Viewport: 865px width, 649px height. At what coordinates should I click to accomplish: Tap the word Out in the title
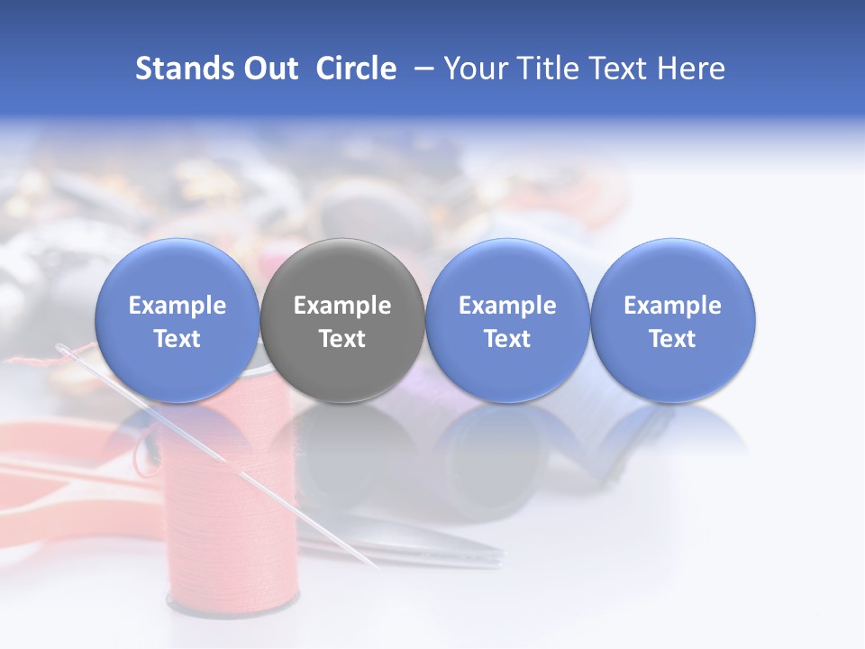[269, 69]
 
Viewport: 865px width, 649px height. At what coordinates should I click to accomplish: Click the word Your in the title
[474, 69]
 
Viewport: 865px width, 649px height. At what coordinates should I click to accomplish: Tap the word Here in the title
[691, 69]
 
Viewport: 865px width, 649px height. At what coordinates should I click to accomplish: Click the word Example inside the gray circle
[342, 306]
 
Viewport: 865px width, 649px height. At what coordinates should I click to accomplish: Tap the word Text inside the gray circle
[342, 339]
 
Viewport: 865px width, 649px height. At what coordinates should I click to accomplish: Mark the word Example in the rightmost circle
[673, 306]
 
